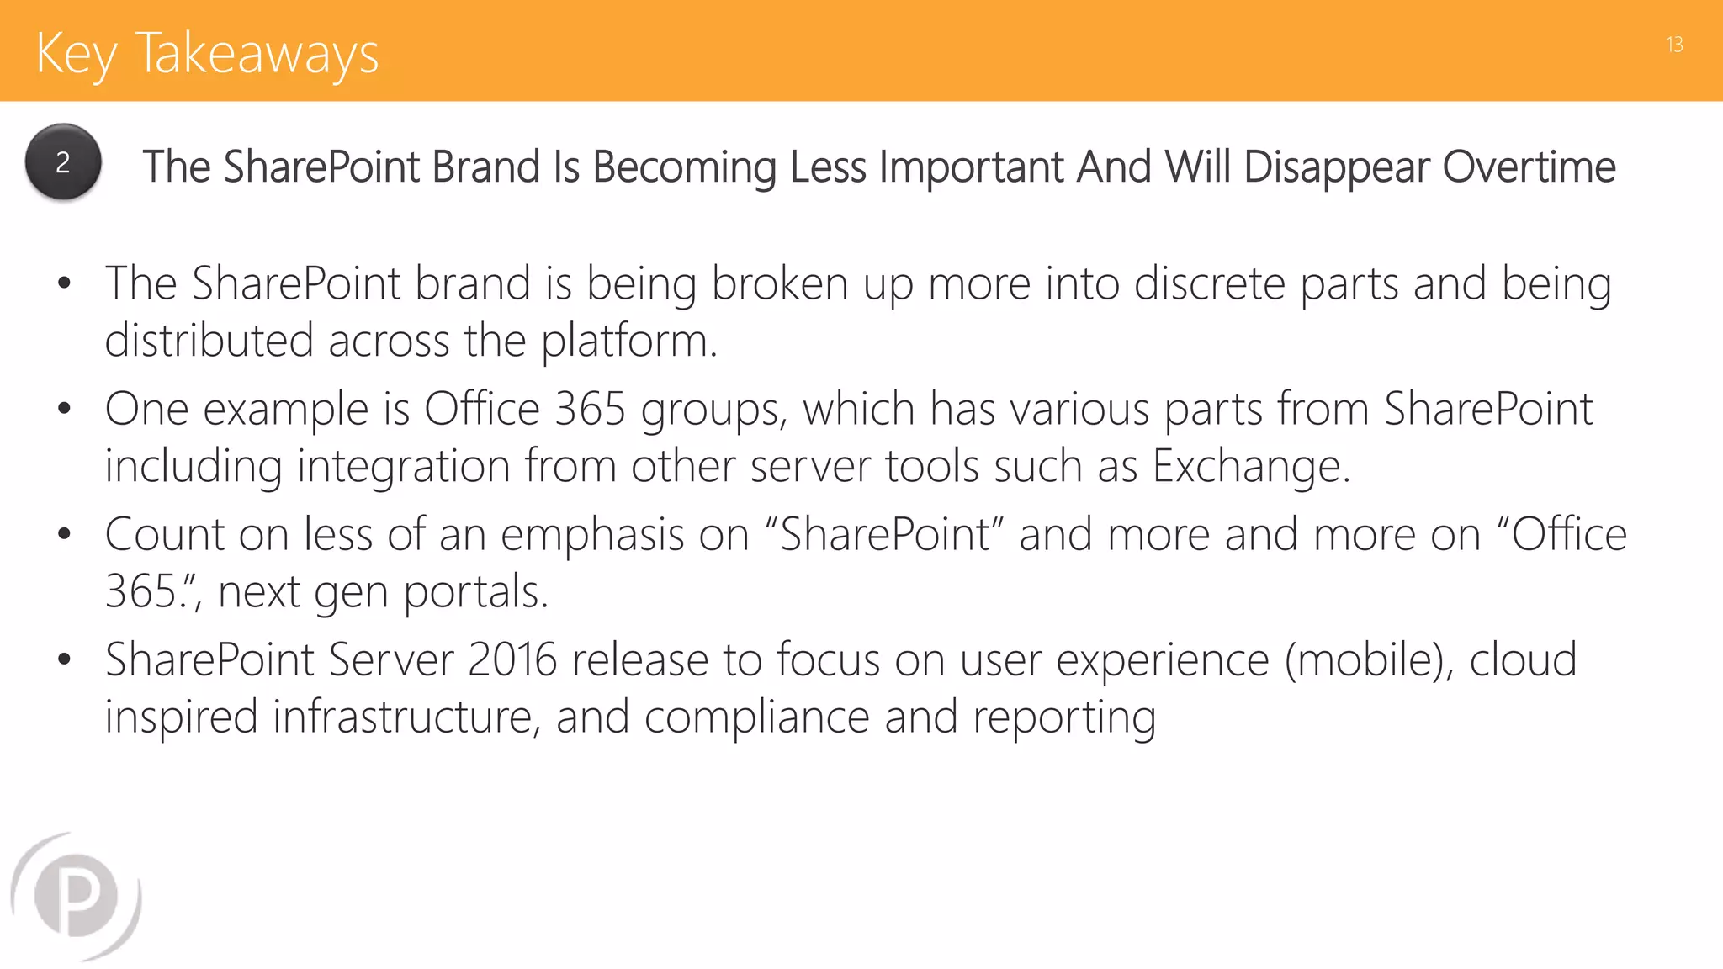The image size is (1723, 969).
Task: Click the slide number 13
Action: coord(1673,45)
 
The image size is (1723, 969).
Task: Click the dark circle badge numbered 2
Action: coord(63,161)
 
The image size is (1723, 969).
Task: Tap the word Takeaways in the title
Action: coord(257,54)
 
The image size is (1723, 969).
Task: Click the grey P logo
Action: coord(77,896)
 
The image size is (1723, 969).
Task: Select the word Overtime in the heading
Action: coord(1529,167)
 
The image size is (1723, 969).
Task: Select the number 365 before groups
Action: coord(590,410)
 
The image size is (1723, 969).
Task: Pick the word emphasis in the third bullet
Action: coord(591,535)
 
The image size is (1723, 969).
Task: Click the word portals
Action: coord(475,592)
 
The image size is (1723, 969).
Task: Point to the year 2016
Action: coord(512,659)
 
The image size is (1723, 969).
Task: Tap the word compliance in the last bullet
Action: coord(756,717)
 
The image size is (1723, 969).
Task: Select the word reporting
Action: coord(1063,717)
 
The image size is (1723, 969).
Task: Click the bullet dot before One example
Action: coord(65,410)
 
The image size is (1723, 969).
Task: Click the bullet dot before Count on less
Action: coord(65,535)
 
